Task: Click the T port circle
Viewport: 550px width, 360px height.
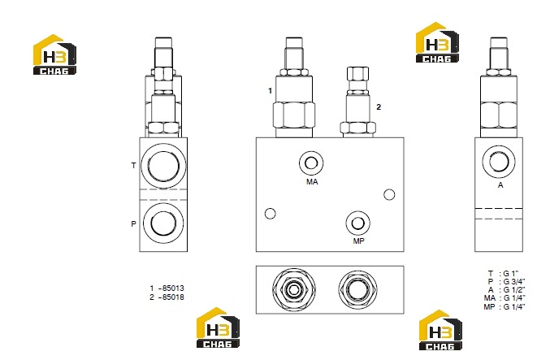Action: [x=163, y=165]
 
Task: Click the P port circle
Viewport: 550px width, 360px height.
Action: [x=163, y=223]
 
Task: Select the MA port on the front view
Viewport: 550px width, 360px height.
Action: [x=311, y=163]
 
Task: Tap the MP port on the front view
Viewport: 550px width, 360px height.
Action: [x=357, y=223]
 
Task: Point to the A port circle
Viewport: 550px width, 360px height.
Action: [x=499, y=162]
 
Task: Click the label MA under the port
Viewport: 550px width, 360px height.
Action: [x=312, y=182]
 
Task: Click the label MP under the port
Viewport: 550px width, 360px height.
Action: [x=358, y=241]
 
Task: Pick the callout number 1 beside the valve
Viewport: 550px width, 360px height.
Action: [x=270, y=91]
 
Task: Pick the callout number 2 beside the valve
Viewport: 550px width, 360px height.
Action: [x=379, y=107]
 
